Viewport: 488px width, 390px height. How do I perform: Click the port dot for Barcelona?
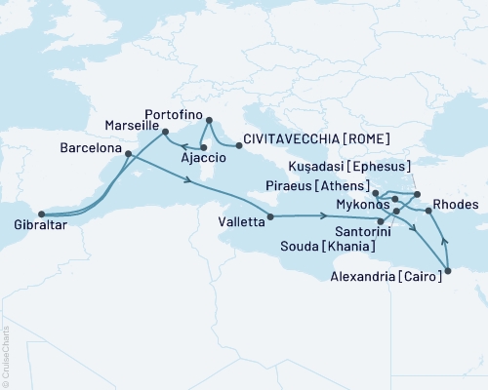128,153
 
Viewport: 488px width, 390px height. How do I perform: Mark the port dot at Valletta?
268,216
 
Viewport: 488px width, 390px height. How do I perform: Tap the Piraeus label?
302,185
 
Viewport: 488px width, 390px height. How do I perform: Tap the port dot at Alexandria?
448,270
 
